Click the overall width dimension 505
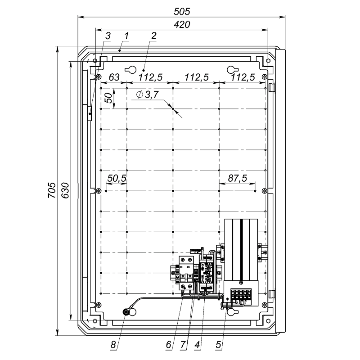(182, 12)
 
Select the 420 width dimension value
(182, 25)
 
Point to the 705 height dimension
(52, 190)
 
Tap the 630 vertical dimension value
(65, 190)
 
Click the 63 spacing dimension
(114, 77)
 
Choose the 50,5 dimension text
(117, 178)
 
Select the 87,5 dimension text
(238, 178)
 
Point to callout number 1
(126, 36)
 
